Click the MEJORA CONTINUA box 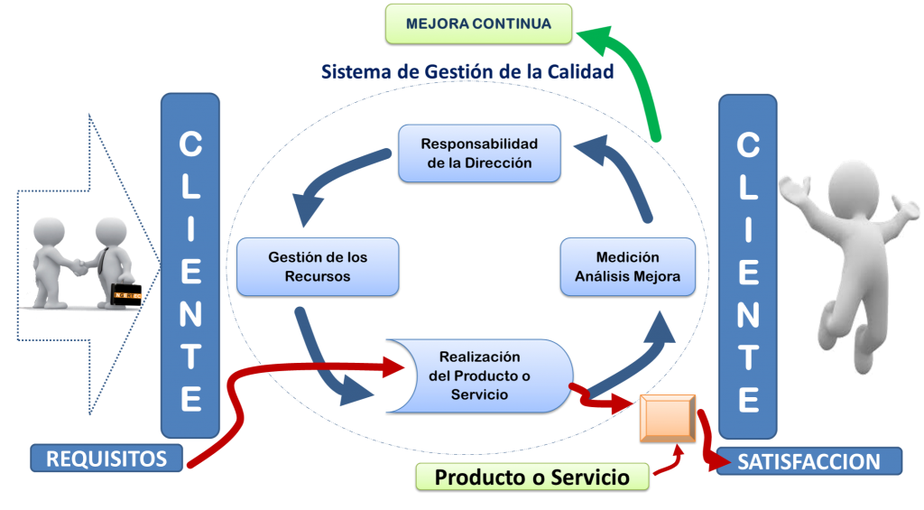coord(479,24)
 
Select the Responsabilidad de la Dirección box coord(479,153)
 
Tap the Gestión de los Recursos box coord(318,266)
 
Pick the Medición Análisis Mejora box coord(628,267)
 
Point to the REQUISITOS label coord(106,459)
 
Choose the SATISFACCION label coord(809,462)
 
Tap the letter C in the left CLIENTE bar coord(189,145)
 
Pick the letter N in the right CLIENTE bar coord(748,315)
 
